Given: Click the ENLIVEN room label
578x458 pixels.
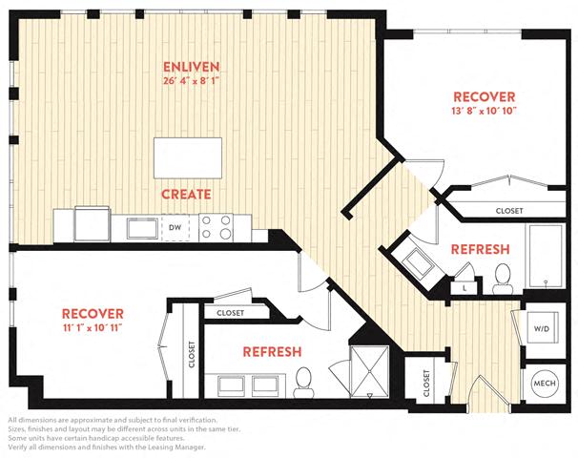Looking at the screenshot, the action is click(x=192, y=67).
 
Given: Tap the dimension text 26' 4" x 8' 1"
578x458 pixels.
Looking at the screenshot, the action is click(x=192, y=81).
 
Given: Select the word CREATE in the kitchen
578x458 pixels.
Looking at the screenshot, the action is click(x=186, y=195).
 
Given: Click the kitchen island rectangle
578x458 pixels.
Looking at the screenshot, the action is click(x=188, y=158).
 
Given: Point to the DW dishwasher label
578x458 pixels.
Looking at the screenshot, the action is click(x=175, y=227).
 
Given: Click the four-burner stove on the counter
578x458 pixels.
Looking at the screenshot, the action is click(x=216, y=227).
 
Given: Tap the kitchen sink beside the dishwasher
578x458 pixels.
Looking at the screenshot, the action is click(x=142, y=229).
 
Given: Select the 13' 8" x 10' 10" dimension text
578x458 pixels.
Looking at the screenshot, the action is click(x=484, y=111).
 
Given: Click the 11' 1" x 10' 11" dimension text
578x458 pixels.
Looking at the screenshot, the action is click(x=93, y=328).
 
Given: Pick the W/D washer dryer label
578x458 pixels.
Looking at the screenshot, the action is click(x=542, y=328).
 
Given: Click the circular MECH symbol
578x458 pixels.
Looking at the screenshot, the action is click(x=545, y=384).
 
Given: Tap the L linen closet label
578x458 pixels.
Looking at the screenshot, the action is click(x=464, y=289).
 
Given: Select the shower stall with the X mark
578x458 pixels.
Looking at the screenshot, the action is click(x=369, y=372).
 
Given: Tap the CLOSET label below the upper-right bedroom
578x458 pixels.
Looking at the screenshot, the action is click(x=509, y=211).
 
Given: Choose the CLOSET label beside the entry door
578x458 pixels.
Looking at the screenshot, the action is click(x=426, y=384).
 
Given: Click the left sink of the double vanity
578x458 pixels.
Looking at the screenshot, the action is click(x=231, y=385).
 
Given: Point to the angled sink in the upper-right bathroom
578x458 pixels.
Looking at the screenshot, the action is click(x=418, y=261).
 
